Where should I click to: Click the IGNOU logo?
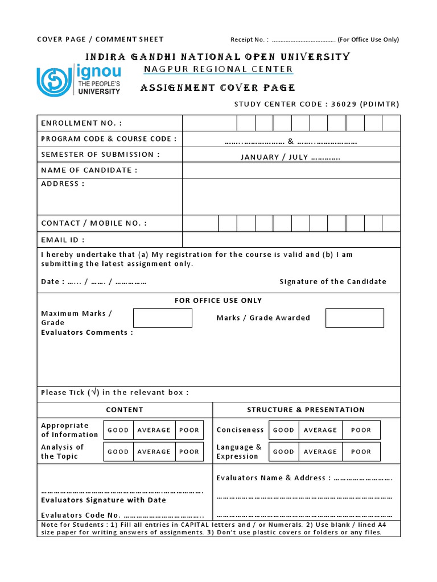[79, 80]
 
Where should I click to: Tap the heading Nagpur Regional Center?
[218, 69]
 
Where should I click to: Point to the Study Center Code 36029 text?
[317, 104]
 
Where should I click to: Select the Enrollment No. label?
[81, 123]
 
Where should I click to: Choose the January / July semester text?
[290, 157]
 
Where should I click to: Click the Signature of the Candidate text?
[333, 281]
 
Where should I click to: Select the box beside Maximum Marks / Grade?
[163, 318]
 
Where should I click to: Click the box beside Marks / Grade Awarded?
[354, 318]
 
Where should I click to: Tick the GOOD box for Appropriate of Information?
[118, 430]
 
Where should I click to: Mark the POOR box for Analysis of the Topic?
[189, 452]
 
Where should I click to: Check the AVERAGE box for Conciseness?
[320, 430]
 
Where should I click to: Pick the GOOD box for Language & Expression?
[283, 452]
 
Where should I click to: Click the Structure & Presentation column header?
[306, 410]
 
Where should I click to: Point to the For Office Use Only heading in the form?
[218, 301]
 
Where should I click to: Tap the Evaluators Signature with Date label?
[104, 500]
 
